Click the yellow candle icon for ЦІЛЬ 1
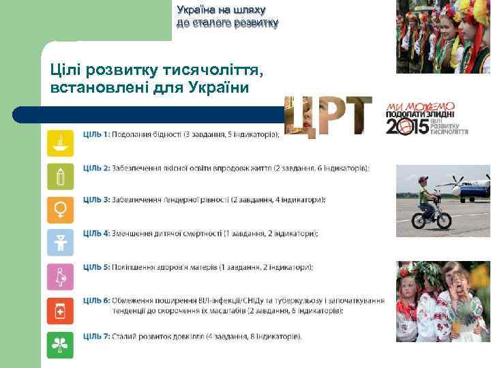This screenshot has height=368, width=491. click(x=60, y=144)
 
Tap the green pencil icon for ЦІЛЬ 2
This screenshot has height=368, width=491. click(x=60, y=177)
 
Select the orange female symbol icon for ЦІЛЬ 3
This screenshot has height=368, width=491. click(x=60, y=209)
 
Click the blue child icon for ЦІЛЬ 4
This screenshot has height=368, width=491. click(x=60, y=242)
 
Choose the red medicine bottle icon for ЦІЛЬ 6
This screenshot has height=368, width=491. click(x=60, y=311)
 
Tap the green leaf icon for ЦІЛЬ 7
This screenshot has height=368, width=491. click(x=60, y=345)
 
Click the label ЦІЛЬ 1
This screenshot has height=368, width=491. click(x=96, y=134)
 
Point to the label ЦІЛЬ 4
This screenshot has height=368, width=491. click(x=97, y=233)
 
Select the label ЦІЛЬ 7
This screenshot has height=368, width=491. click(x=97, y=336)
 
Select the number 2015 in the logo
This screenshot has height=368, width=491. click(x=408, y=126)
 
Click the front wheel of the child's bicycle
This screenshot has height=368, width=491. click(x=443, y=219)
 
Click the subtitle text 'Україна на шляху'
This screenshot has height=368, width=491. click(x=221, y=10)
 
